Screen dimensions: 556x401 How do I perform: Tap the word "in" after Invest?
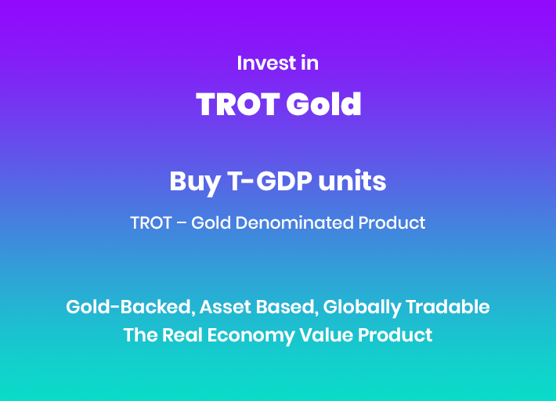[x=310, y=63]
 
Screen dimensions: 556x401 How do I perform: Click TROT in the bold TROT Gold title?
[x=237, y=104]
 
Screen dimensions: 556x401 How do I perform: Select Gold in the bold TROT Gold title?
[x=323, y=104]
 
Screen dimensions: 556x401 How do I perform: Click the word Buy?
[x=195, y=182]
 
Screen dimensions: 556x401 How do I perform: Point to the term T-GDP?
[x=270, y=181]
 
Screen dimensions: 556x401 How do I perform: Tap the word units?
[x=352, y=181]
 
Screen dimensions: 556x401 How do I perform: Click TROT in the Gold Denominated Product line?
[x=151, y=223]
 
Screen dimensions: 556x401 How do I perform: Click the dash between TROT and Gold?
[x=181, y=223]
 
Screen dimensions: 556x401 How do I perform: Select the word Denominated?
[x=294, y=222]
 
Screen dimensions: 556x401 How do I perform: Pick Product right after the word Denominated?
[x=392, y=222]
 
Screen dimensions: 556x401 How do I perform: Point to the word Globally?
[x=362, y=308]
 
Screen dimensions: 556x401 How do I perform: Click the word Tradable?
[x=447, y=307]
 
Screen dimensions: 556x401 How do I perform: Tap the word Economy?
[x=251, y=336]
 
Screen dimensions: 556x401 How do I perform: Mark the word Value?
[x=326, y=335]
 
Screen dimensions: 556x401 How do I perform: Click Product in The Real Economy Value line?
[x=395, y=335]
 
